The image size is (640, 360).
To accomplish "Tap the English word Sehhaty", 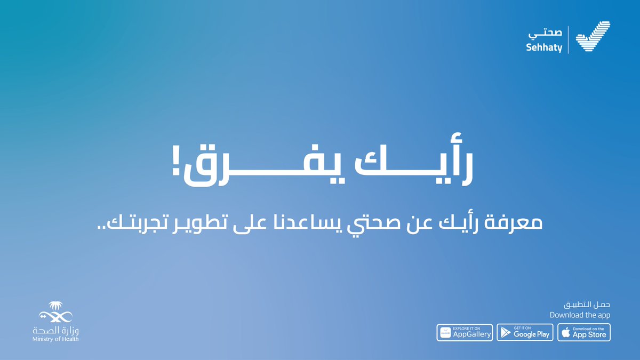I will click(545, 47).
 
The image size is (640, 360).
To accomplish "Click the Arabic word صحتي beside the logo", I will click(545, 33).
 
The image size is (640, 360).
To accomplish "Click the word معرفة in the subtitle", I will click(514, 222).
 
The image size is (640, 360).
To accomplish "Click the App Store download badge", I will click(584, 332).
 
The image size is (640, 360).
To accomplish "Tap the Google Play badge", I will click(524, 332).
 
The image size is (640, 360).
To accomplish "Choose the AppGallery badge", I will click(465, 332).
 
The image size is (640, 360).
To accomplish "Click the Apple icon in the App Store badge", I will click(565, 333).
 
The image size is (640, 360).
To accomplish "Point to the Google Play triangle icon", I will click(505, 333).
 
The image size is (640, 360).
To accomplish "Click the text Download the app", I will click(580, 315).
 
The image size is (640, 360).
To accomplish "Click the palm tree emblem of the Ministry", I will click(55, 310).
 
